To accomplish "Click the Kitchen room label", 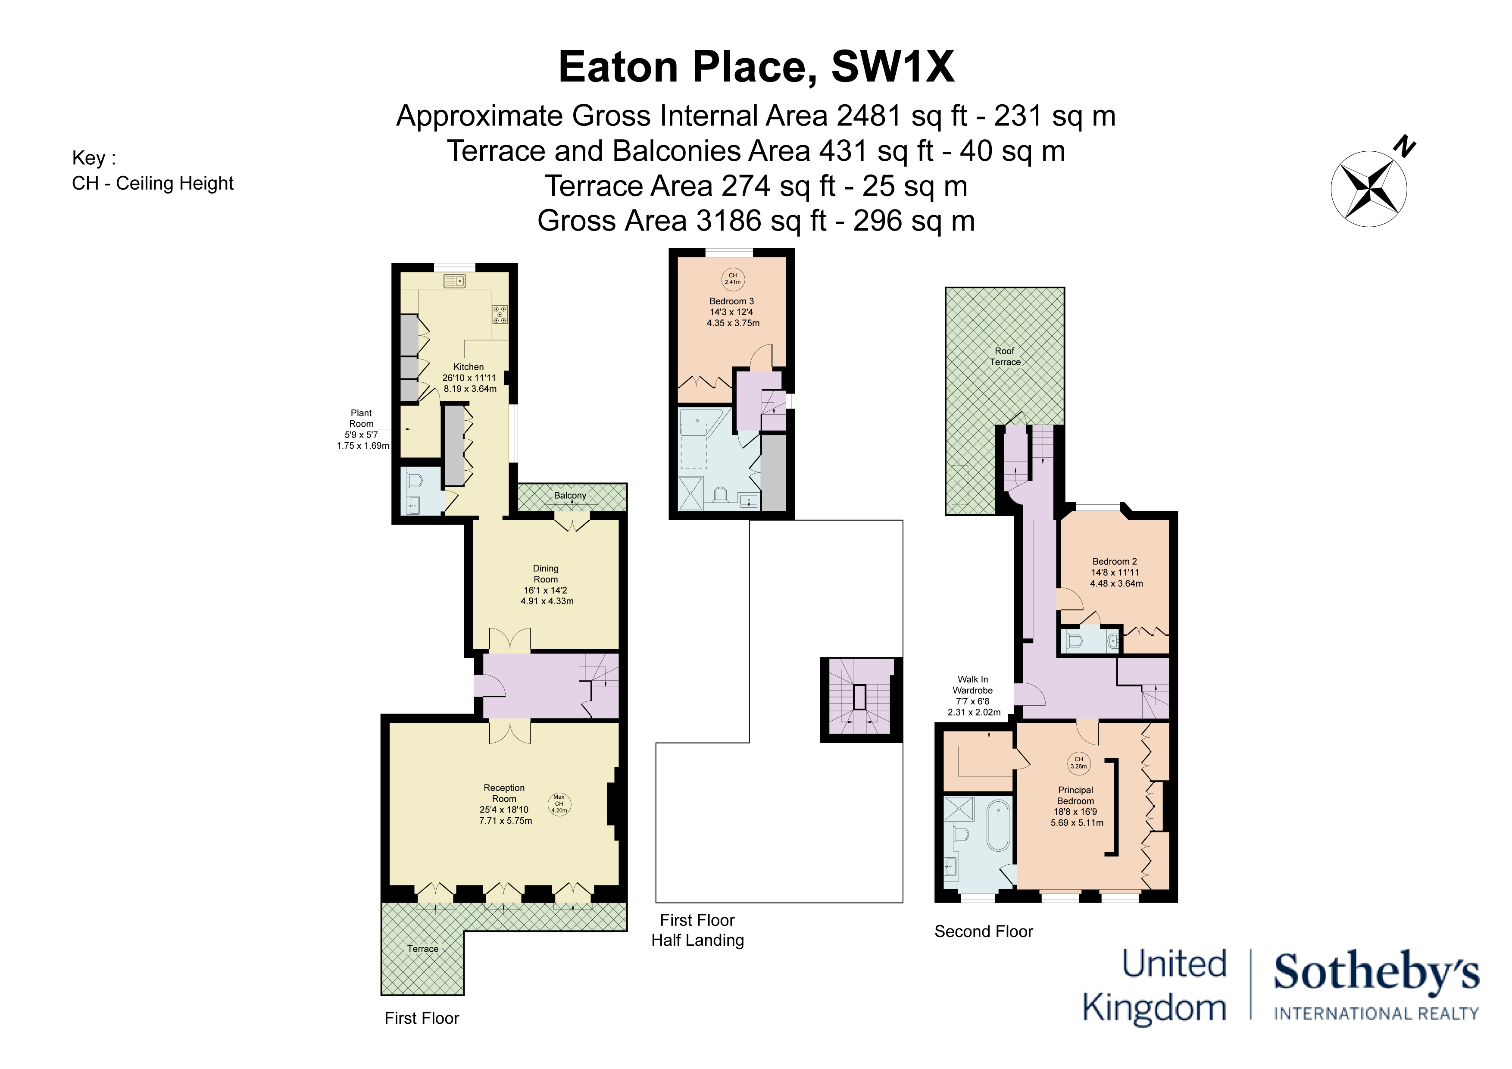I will [x=469, y=378].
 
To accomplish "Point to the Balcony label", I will [x=570, y=495].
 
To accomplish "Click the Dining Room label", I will [x=546, y=584].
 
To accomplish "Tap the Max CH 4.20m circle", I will [x=559, y=803].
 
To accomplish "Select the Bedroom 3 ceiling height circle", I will [x=732, y=278].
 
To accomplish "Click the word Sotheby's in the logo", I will [x=1376, y=973].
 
